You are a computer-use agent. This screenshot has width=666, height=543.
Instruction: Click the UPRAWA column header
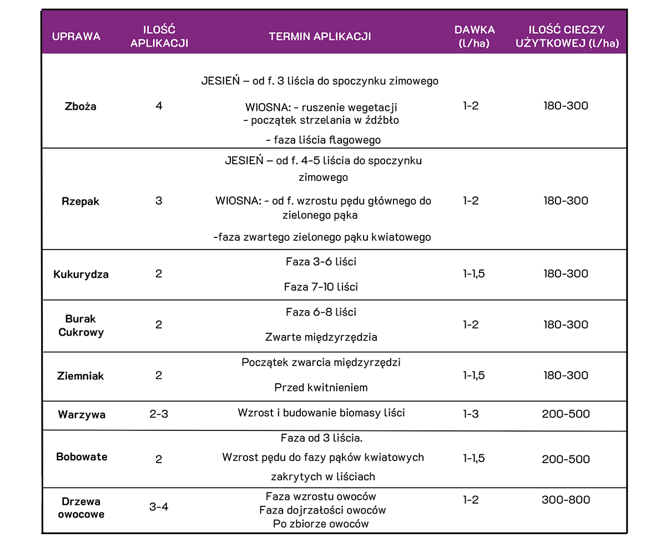coord(76,37)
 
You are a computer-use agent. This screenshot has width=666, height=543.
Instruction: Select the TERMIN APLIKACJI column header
coord(320,37)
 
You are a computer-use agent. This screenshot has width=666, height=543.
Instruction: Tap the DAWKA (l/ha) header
coord(475,37)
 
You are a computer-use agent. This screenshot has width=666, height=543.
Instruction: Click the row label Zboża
coord(80,106)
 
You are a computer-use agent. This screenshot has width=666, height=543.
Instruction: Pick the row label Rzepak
coord(80,201)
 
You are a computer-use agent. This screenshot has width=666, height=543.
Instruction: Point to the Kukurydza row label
coord(81,275)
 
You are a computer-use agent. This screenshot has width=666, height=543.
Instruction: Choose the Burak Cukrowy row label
coord(81,326)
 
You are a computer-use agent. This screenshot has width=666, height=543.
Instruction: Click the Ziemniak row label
coord(80,376)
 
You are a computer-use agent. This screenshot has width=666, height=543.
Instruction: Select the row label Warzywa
coord(82,414)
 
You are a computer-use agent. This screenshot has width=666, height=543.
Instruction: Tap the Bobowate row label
coord(82,457)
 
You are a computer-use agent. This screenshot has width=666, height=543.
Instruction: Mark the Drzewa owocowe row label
coord(81,508)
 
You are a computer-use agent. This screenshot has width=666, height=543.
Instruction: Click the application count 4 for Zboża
coord(159,105)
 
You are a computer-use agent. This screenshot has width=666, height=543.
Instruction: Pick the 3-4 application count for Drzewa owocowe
coord(159,506)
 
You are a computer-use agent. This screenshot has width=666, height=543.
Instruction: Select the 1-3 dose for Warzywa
coord(471,414)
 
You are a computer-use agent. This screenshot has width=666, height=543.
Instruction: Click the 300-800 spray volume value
coord(566,500)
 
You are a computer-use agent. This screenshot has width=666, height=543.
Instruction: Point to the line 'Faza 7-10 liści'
coord(321,287)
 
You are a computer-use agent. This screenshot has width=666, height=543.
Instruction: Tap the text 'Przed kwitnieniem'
coord(321,388)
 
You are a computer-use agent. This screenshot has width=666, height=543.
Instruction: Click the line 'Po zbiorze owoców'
coord(321,524)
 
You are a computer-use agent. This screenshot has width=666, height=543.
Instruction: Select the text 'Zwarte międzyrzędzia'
coord(321,337)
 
